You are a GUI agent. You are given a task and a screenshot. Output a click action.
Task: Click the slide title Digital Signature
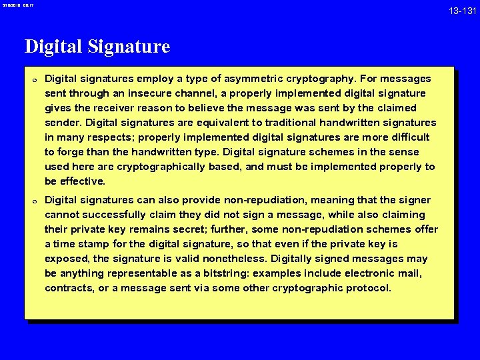click(97, 47)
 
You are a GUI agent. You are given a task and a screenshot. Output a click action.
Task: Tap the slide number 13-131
click(462, 11)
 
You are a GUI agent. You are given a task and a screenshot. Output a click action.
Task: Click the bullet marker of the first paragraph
click(33, 79)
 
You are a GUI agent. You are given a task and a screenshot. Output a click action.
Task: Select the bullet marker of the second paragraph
click(33, 201)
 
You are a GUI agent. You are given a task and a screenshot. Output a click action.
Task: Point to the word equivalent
click(231, 123)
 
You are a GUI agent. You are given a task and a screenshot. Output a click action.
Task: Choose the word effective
click(83, 181)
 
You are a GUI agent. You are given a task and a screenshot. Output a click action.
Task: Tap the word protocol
click(369, 288)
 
